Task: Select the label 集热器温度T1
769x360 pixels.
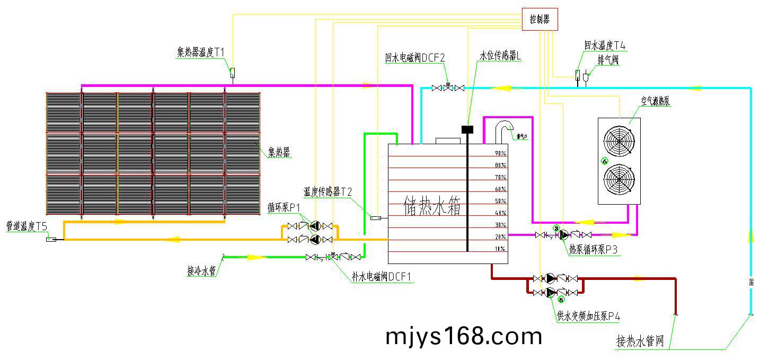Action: coord(201,52)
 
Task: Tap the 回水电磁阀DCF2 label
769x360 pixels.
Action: coord(415,58)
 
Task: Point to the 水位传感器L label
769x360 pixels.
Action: coord(501,56)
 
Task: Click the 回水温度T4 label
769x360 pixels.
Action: coord(605,46)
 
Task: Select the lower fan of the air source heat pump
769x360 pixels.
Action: coord(619,179)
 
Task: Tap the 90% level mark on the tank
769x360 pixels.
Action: coord(500,153)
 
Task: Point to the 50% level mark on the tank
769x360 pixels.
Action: coord(500,201)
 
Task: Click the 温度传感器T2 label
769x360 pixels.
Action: coord(328,191)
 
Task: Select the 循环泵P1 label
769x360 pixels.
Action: coord(284,206)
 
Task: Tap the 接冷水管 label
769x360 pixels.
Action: coord(201,271)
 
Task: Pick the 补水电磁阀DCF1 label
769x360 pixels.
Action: coord(382,277)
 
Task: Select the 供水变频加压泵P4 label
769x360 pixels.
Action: coord(588,317)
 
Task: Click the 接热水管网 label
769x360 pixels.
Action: coord(640,341)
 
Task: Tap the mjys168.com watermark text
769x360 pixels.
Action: coord(464,336)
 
